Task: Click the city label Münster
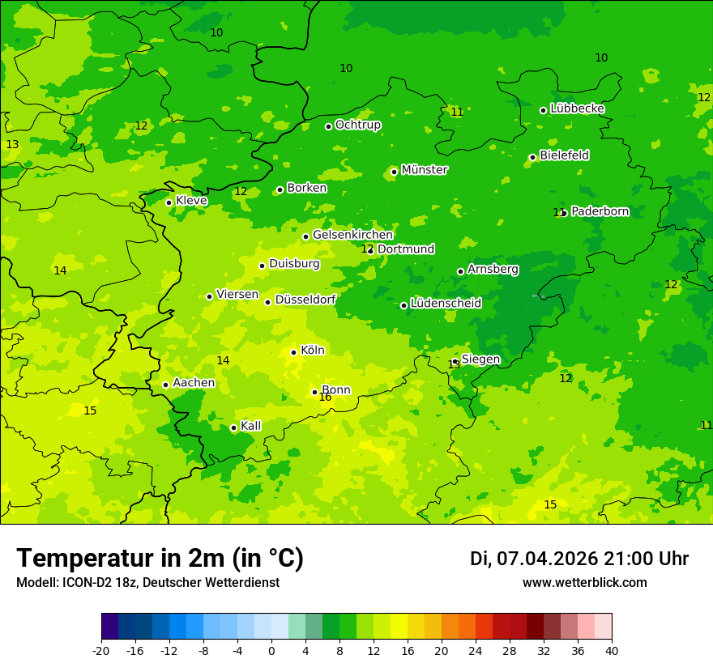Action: [x=425, y=170]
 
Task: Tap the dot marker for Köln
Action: [x=293, y=352]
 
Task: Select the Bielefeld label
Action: [x=564, y=155]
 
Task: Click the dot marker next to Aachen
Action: [x=165, y=385]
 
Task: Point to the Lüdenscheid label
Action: [x=446, y=304]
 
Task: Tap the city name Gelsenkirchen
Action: [x=352, y=235]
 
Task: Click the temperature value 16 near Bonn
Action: [x=325, y=398]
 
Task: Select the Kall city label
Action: [x=250, y=426]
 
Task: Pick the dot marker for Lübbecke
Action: [x=543, y=110]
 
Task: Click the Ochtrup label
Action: [x=357, y=125]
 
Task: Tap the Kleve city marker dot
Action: [x=169, y=202]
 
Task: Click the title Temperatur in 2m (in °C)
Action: [x=160, y=558]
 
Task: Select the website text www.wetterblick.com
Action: [x=584, y=583]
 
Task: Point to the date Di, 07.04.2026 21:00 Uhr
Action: [x=579, y=559]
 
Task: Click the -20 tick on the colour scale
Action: [x=101, y=651]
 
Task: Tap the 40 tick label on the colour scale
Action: [x=612, y=651]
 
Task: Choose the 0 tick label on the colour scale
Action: [x=271, y=651]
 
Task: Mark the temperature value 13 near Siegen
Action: [x=454, y=365]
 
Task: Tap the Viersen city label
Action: [x=237, y=295]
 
